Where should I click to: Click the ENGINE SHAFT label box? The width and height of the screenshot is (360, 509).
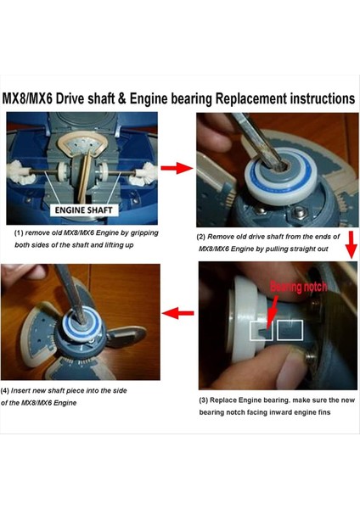[x=84, y=210]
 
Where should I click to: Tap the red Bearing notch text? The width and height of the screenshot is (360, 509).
[x=298, y=287]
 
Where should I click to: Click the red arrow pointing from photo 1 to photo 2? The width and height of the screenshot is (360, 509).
[x=177, y=168]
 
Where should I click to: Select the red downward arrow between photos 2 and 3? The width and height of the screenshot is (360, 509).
[x=352, y=244]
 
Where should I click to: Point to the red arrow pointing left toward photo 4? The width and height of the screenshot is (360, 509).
[x=177, y=313]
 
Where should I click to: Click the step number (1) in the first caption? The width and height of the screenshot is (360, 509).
[x=19, y=232]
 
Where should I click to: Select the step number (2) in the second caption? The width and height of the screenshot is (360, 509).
[x=200, y=237]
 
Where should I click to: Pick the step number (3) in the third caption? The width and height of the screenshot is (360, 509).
[x=204, y=400]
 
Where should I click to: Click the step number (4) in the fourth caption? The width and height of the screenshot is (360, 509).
[x=5, y=390]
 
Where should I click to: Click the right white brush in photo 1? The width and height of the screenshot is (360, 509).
[x=147, y=174]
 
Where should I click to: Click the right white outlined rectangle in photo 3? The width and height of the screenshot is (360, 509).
[x=290, y=330]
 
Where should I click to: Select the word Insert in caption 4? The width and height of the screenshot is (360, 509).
[x=20, y=390]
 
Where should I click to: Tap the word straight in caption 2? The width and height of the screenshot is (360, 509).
[x=303, y=249]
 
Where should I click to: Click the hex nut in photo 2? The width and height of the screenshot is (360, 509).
[x=299, y=213]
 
